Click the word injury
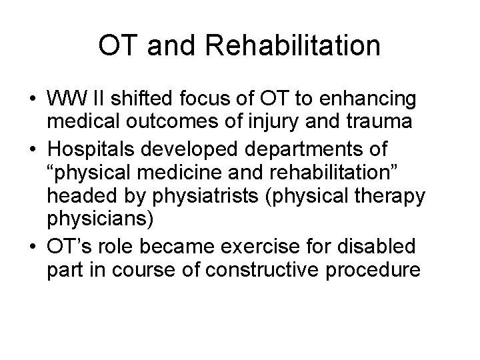tap(267, 121)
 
